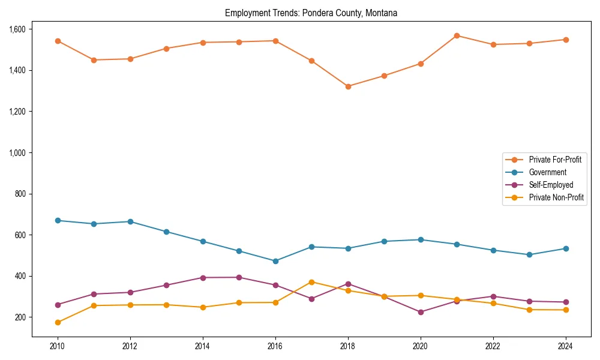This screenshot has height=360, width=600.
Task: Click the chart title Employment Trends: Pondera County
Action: pos(311,13)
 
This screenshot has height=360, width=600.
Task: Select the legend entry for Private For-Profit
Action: pos(555,160)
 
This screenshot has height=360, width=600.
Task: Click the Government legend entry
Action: pos(547,172)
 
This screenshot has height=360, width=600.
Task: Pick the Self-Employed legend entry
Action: pos(551,185)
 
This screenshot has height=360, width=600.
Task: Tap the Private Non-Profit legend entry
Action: pos(556,197)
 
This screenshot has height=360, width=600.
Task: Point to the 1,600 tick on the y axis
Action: pos(17,29)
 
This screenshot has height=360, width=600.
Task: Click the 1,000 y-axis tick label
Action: pos(17,153)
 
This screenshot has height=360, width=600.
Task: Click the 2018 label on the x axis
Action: pos(348,346)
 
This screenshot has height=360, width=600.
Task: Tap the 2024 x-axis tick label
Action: pos(565,346)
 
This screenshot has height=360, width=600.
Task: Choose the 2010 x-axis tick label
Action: pos(58,346)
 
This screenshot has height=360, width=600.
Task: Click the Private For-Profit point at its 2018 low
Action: pos(348,86)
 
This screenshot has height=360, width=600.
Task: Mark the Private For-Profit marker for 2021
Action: pos(457,35)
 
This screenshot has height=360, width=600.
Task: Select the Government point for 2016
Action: pos(275,261)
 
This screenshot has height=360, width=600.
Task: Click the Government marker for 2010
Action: pos(58,221)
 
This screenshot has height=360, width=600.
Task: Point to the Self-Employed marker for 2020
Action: pos(421,312)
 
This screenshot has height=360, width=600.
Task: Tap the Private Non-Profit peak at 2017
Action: pos(311,282)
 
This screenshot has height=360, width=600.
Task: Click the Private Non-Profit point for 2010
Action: pos(58,322)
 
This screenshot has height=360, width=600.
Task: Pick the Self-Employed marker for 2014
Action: pos(203,278)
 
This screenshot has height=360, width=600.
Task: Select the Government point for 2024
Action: pos(565,248)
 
